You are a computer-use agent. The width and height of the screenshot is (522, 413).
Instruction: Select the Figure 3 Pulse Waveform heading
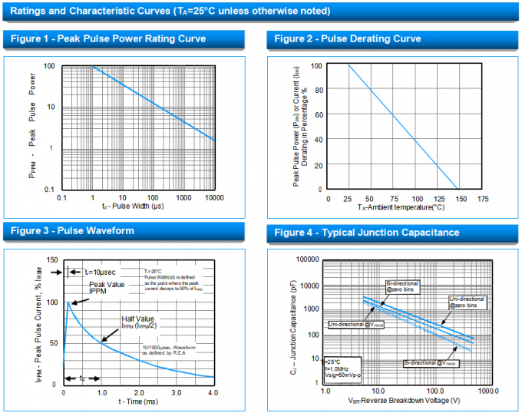(72, 230)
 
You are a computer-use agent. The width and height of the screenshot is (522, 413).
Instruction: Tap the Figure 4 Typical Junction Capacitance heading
(367, 233)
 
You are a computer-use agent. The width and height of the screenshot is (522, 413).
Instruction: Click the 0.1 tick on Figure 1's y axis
(49, 190)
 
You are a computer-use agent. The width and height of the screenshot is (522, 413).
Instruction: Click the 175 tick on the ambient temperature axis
(482, 198)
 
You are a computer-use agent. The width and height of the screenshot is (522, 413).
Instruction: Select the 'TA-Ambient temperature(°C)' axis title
(401, 207)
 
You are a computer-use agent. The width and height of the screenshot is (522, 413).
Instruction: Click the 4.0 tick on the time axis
(213, 393)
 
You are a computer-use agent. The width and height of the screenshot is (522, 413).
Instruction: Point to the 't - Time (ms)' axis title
(138, 402)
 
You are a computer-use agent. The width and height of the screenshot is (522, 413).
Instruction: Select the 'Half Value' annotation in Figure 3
(139, 318)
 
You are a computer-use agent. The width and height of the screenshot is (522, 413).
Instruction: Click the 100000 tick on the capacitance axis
(306, 260)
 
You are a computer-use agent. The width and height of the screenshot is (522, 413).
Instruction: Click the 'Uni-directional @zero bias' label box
(466, 302)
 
